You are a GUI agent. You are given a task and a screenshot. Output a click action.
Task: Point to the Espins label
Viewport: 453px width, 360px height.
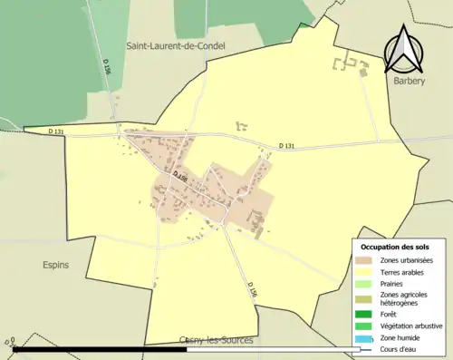pyautogui.click(x=54, y=265)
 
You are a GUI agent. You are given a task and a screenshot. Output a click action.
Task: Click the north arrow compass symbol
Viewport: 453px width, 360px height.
pyautogui.click(x=404, y=50)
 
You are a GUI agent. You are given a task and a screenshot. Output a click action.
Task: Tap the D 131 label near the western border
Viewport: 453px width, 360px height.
pyautogui.click(x=56, y=131)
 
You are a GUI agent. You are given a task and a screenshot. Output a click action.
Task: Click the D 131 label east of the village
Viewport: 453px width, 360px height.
pyautogui.click(x=286, y=146)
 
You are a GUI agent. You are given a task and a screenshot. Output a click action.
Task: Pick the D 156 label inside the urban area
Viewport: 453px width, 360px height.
pyautogui.click(x=179, y=177)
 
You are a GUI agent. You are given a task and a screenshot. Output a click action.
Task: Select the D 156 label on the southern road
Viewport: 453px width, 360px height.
pyautogui.click(x=252, y=289)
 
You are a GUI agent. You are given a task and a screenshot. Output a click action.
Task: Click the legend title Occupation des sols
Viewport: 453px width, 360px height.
pyautogui.click(x=395, y=247)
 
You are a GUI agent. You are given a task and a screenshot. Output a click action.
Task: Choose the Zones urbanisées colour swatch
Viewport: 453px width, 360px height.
pyautogui.click(x=364, y=260)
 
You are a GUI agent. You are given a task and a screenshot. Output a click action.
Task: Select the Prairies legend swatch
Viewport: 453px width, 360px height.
pyautogui.click(x=364, y=283)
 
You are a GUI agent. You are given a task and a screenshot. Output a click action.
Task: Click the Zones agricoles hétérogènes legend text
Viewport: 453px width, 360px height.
pyautogui.click(x=405, y=298)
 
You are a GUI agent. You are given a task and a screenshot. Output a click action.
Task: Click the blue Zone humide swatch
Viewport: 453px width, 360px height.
pyautogui.click(x=364, y=338)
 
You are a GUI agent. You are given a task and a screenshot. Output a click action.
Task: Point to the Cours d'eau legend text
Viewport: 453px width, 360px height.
pyautogui.click(x=400, y=349)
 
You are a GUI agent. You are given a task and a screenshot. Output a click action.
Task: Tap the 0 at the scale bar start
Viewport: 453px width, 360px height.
pyautogui.click(x=7, y=344)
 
